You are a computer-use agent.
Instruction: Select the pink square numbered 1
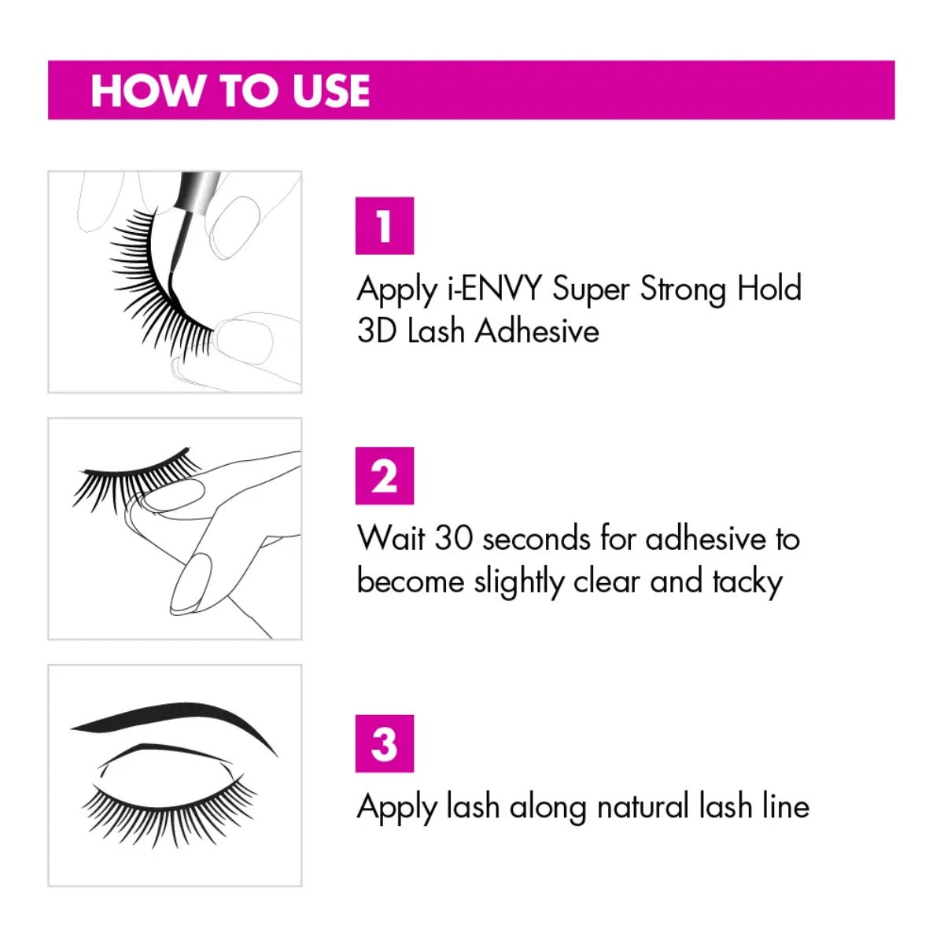(385, 226)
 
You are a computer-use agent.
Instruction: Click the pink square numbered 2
(385, 476)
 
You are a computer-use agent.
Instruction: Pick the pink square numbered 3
(385, 743)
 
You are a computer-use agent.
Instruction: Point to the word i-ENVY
(494, 289)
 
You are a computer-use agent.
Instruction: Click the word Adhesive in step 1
(537, 331)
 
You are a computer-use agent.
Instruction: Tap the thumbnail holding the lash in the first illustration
(245, 341)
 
